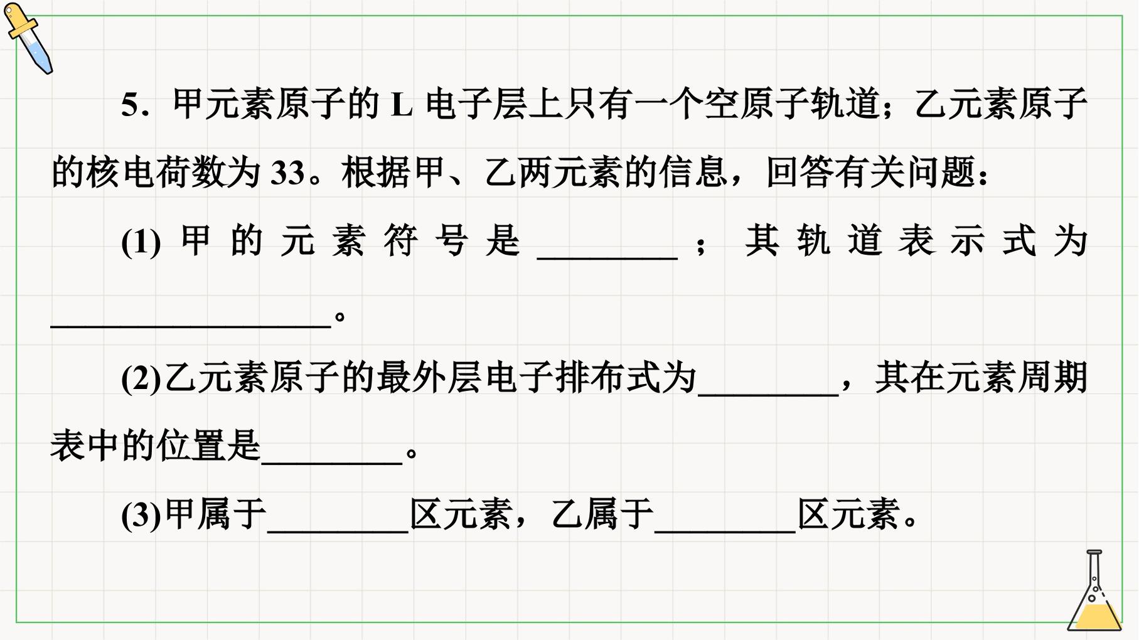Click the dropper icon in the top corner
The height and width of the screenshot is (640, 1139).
click(28, 38)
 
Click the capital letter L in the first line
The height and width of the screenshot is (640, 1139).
click(402, 105)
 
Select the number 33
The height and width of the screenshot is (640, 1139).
click(287, 173)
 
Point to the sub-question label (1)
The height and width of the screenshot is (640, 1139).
click(141, 242)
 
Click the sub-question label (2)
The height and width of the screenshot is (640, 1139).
click(141, 379)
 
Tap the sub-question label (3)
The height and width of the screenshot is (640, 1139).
click(141, 516)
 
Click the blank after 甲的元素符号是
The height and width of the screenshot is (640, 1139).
click(607, 257)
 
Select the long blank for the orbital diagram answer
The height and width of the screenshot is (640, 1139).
click(191, 326)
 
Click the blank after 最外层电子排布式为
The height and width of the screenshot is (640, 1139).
click(768, 394)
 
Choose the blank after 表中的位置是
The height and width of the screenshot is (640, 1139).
click(331, 462)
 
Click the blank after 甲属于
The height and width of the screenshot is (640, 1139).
click(338, 531)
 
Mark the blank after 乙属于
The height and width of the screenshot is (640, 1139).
click(725, 531)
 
